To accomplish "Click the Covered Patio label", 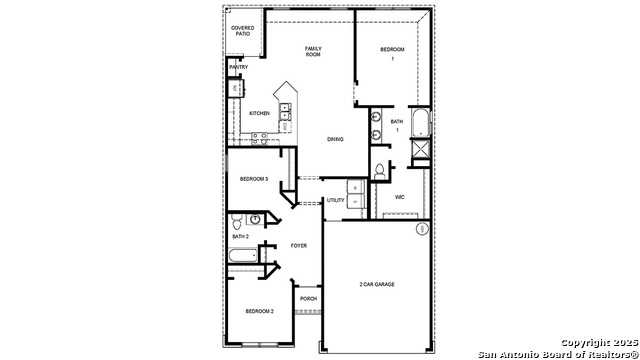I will pyautogui.click(x=242, y=31).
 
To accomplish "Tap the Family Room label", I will pyautogui.click(x=313, y=52).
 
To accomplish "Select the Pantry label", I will pyautogui.click(x=238, y=67).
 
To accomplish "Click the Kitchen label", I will pyautogui.click(x=259, y=113).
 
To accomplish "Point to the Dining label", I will pyautogui.click(x=335, y=139).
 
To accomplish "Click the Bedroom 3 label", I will pyautogui.click(x=253, y=179).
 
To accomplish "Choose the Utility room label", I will pyautogui.click(x=335, y=200).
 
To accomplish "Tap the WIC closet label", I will pyautogui.click(x=399, y=197).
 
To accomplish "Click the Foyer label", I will pyautogui.click(x=298, y=245).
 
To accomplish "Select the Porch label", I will pyautogui.click(x=308, y=298).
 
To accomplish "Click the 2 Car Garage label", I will pyautogui.click(x=377, y=285).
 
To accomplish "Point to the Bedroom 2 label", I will pyautogui.click(x=259, y=311).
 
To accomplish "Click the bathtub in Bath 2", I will pyautogui.click(x=243, y=258).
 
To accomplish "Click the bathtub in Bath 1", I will pyautogui.click(x=419, y=124).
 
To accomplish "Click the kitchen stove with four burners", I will pyautogui.click(x=259, y=139).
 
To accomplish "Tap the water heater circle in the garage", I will pyautogui.click(x=422, y=229).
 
